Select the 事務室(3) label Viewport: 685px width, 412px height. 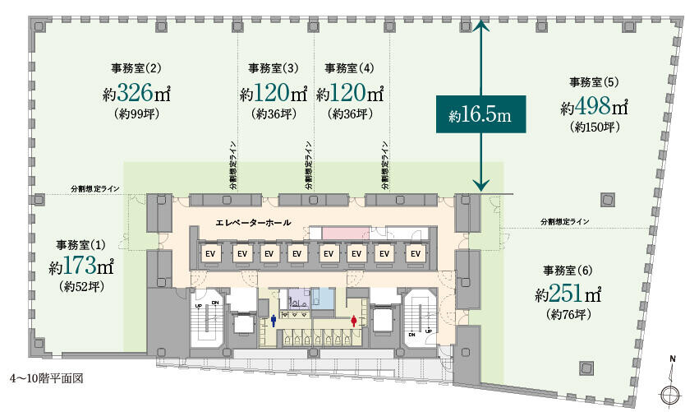click(x=273, y=67)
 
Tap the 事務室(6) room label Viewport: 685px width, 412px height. click(x=568, y=270)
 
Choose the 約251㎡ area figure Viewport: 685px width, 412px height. click(x=568, y=293)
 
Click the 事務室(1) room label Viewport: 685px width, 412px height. click(x=79, y=245)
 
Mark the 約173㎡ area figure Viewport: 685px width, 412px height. click(x=79, y=267)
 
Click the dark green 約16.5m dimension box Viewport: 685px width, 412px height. click(x=480, y=116)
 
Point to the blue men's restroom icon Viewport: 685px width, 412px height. click(x=274, y=322)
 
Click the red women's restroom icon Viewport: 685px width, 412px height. click(x=354, y=322)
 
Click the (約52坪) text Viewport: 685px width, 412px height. click(x=79, y=288)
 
